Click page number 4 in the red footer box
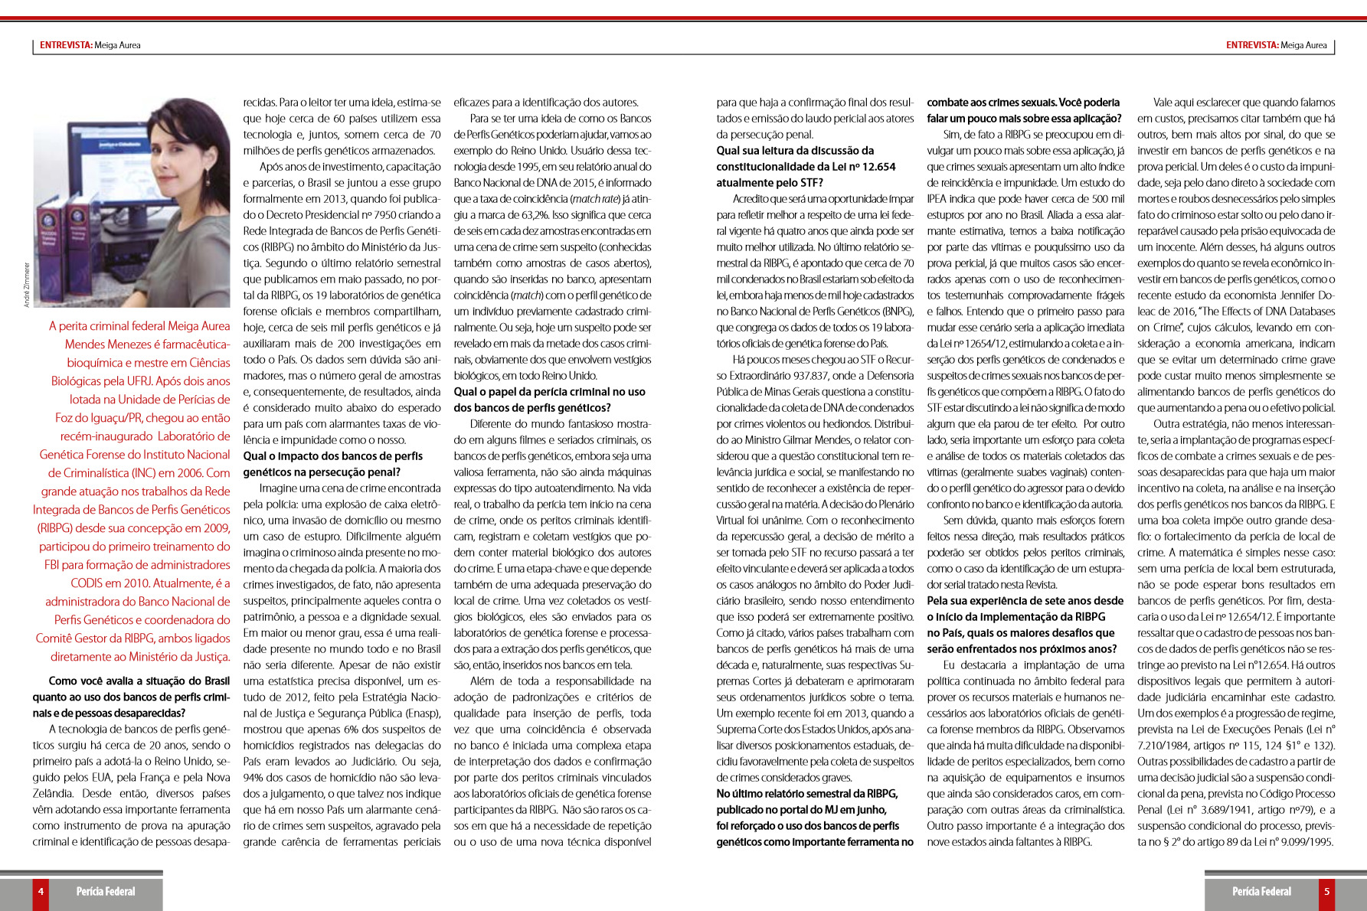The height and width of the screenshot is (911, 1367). tap(41, 891)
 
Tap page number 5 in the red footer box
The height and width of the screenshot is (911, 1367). tap(1326, 891)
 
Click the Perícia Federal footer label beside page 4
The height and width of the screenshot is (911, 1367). tap(106, 891)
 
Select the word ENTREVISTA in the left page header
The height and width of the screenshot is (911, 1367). tap(65, 45)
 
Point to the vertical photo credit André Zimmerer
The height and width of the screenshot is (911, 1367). tap(27, 285)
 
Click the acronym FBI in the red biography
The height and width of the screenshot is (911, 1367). tap(56, 565)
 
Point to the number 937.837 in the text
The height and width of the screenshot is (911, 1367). tap(803, 376)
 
